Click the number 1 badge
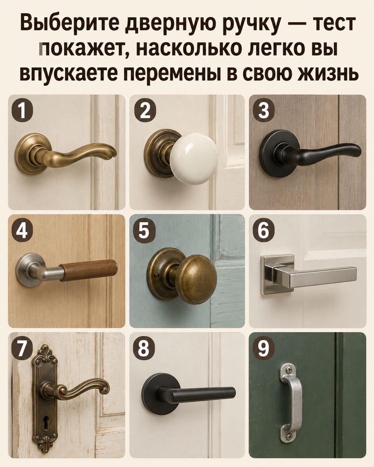[x=22, y=111]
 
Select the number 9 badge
[x=264, y=349]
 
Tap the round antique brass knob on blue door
[x=196, y=279]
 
